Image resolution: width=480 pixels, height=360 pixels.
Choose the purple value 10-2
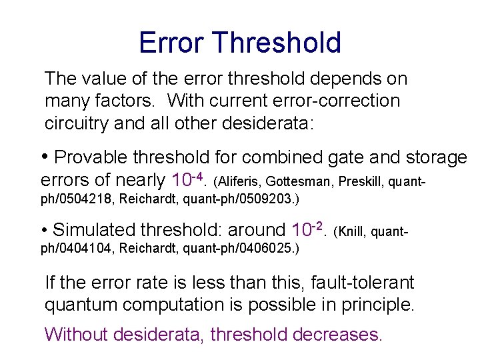pos(307,230)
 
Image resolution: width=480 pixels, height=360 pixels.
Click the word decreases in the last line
pos(338,334)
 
